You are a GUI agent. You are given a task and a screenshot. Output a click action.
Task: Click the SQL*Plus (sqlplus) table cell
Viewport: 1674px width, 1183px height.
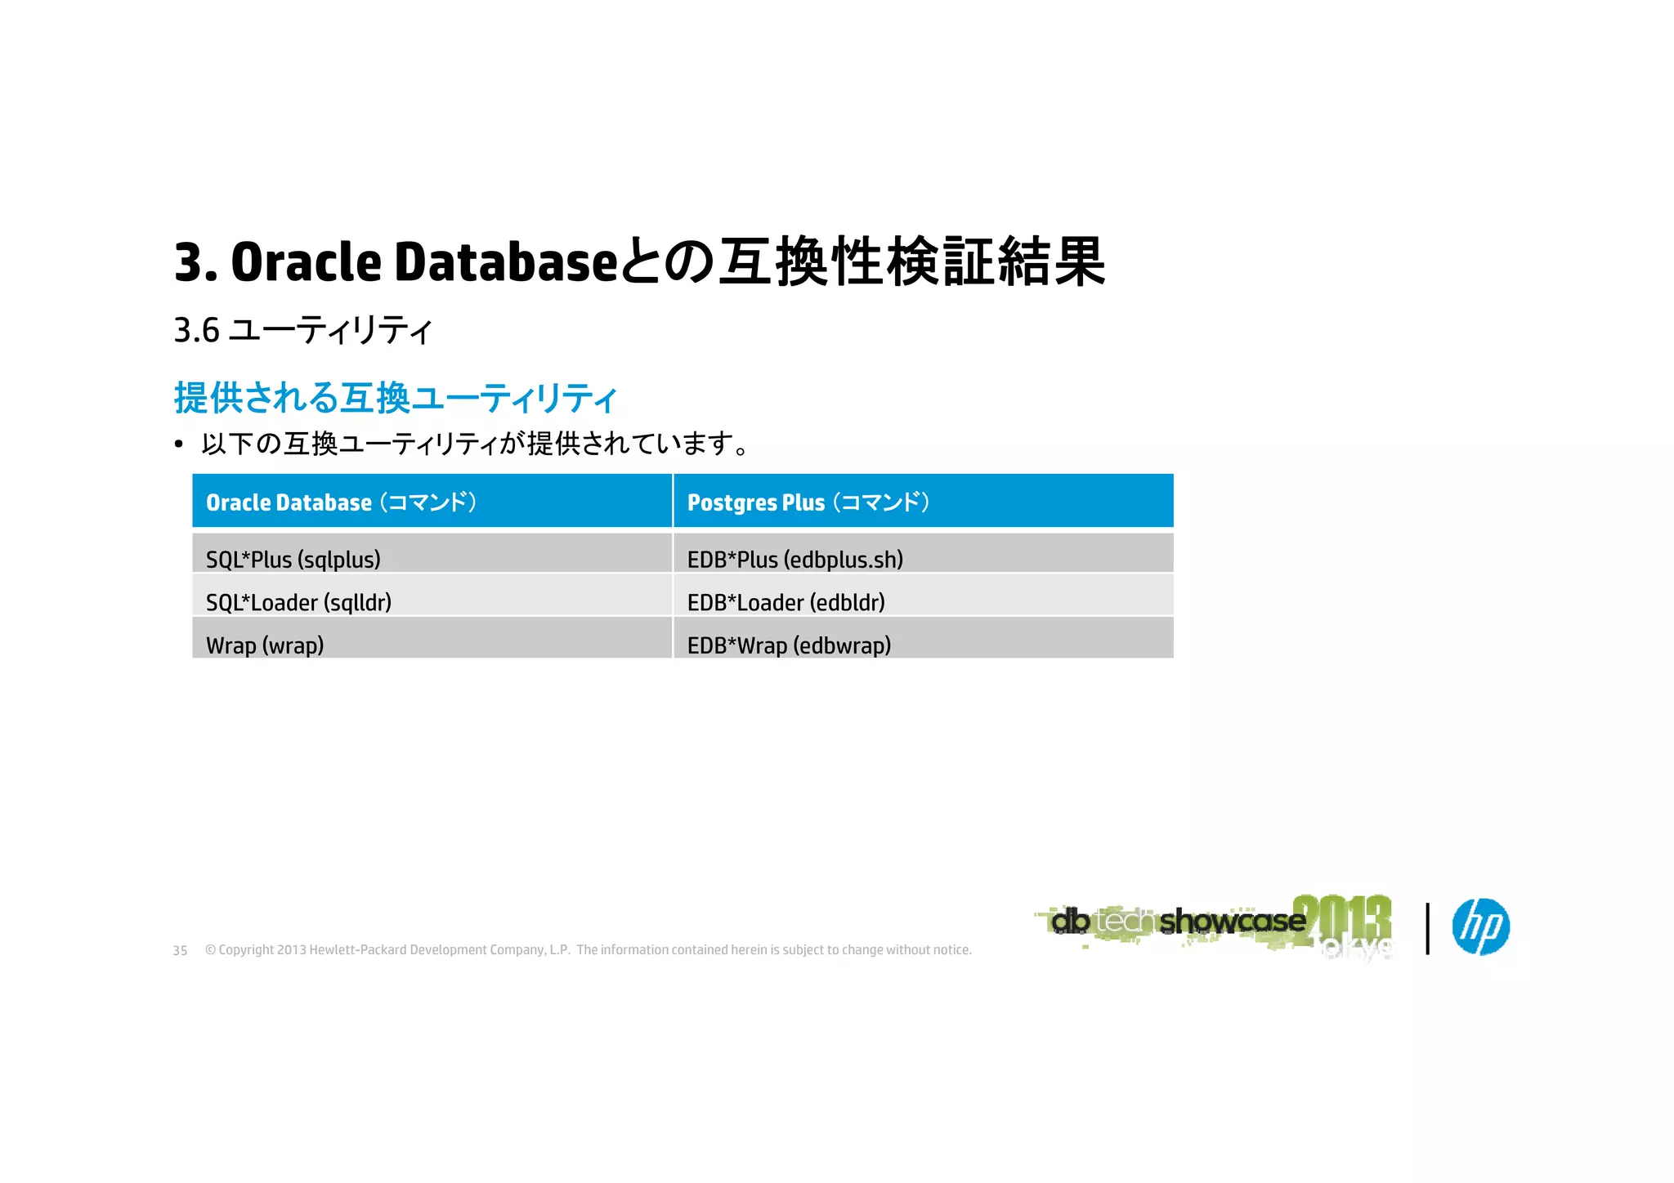point(432,554)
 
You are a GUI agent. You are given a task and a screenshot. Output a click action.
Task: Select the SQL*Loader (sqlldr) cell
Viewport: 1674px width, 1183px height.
point(432,596)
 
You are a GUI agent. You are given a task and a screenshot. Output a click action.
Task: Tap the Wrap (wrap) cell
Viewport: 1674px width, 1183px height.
point(432,639)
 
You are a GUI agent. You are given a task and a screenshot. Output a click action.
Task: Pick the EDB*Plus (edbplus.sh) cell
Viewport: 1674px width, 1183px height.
point(923,554)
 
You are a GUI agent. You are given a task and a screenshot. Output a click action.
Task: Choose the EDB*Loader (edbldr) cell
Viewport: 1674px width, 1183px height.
point(923,596)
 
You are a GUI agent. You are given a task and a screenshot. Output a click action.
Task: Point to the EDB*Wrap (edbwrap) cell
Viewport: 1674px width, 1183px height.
point(923,639)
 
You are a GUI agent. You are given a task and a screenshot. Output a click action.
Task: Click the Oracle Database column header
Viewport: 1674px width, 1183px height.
point(432,502)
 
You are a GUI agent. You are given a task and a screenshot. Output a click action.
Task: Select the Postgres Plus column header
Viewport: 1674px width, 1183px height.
point(923,502)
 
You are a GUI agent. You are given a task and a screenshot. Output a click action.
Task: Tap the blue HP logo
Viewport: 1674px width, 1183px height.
point(1480,926)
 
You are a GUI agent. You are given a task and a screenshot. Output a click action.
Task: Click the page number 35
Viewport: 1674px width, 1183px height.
point(180,951)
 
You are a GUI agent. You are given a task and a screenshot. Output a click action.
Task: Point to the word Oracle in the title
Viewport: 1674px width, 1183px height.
point(307,263)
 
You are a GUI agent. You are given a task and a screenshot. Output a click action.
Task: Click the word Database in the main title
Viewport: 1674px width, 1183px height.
point(506,263)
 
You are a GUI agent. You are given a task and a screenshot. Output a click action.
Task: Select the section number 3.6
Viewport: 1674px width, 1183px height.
point(196,331)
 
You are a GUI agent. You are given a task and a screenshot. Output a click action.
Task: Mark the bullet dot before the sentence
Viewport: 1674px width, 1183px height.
point(179,445)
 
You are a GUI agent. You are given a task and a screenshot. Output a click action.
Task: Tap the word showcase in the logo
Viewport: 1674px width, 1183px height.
point(1232,922)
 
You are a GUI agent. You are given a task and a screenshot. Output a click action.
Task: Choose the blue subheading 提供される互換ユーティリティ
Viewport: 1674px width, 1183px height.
point(395,399)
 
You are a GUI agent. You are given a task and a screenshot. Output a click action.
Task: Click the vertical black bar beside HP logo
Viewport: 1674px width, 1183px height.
point(1427,928)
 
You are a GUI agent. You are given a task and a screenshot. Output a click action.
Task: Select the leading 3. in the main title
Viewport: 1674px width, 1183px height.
point(195,263)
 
